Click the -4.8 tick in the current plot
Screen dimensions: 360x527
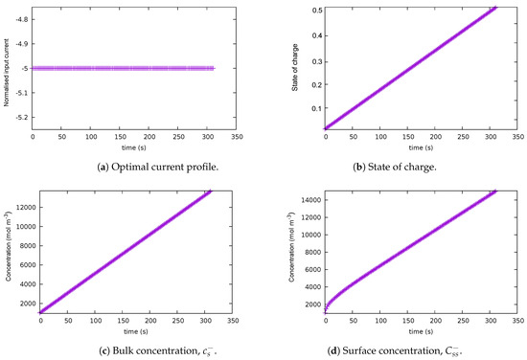pyautogui.click(x=21, y=18)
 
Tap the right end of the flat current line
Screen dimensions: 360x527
pyautogui.click(x=214, y=68)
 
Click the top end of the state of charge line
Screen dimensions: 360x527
pyautogui.click(x=495, y=8)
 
